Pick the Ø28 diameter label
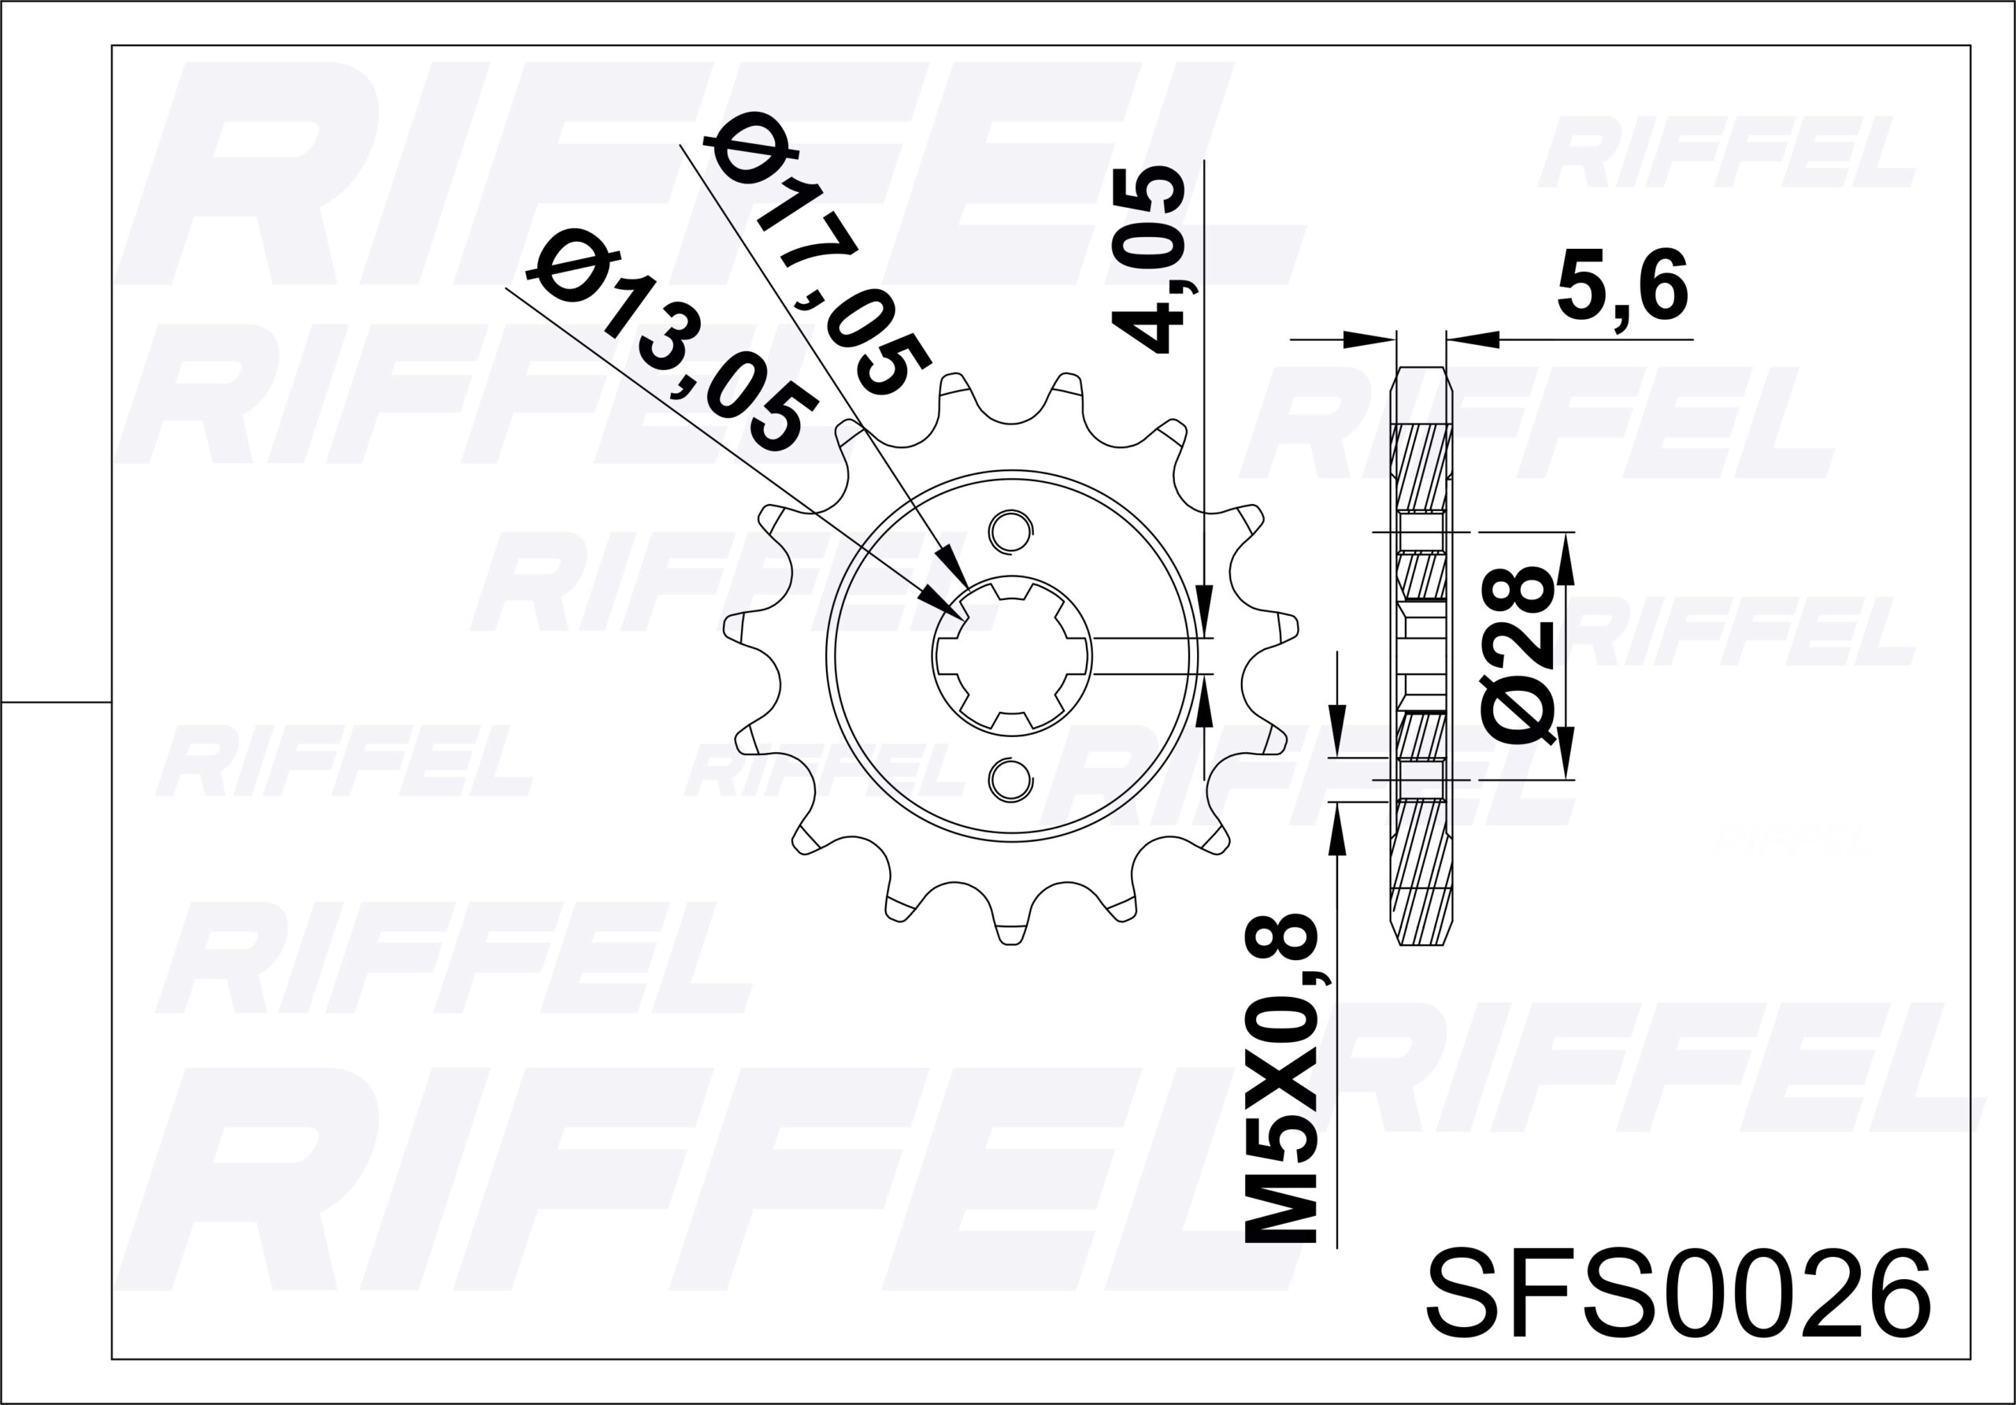tap(1518, 655)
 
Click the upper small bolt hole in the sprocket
tap(1010, 530)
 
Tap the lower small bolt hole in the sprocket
tap(1010, 779)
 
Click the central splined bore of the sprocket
tap(1011, 655)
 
